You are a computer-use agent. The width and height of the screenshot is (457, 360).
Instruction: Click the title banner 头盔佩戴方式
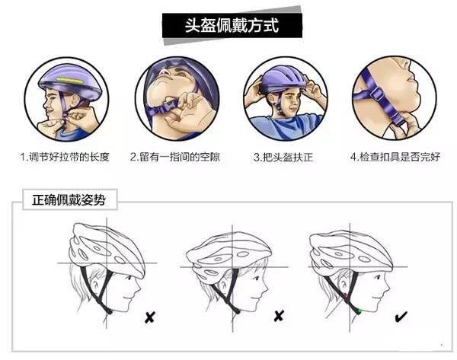tap(232, 25)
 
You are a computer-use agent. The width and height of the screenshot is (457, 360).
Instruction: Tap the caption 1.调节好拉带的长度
tap(65, 157)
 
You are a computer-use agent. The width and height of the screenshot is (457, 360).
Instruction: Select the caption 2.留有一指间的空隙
tap(175, 157)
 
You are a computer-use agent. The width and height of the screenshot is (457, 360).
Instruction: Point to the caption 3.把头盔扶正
tap(283, 158)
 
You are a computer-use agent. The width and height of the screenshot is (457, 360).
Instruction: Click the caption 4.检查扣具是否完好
tap(395, 157)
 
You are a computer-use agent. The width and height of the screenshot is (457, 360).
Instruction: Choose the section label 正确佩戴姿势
tap(69, 200)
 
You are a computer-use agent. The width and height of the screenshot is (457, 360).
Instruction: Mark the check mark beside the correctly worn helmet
tap(401, 317)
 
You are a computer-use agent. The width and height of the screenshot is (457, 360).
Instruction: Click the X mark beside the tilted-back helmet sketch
tap(150, 317)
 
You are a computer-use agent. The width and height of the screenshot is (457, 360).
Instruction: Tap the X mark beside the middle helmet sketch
tap(279, 316)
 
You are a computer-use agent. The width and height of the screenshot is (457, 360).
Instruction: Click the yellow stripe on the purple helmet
tap(70, 80)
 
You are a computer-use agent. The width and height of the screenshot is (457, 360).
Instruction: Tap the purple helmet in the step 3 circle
tap(283, 79)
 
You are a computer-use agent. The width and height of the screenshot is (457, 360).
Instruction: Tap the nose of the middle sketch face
tap(266, 288)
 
